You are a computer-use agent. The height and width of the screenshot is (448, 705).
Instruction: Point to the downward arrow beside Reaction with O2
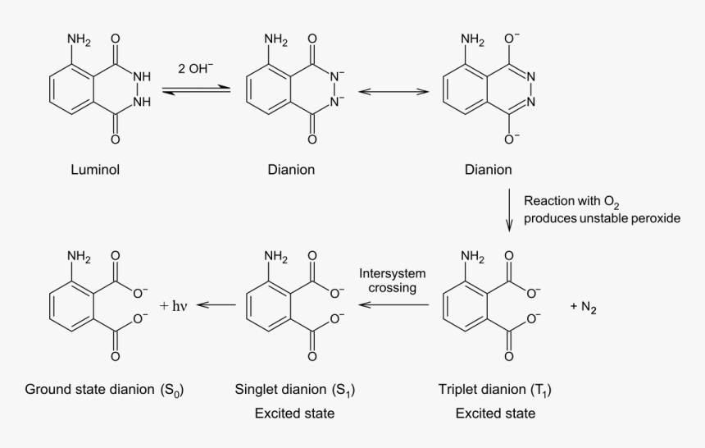[x=509, y=211]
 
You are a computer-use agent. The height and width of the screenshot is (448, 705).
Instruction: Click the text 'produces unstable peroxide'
[x=602, y=218]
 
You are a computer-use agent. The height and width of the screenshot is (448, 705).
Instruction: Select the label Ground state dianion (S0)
[x=104, y=389]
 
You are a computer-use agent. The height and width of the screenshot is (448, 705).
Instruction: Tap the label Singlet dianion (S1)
[x=294, y=389]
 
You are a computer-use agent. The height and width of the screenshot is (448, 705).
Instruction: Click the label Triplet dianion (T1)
[x=495, y=389]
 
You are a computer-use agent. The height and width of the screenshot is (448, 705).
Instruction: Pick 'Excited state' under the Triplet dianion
[x=495, y=414]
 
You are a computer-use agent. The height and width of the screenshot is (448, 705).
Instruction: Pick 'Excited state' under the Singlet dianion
[x=294, y=414]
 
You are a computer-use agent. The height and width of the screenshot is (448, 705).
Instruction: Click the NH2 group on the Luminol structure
[x=79, y=39]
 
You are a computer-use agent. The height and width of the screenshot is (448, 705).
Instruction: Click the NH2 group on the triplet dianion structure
[x=473, y=257]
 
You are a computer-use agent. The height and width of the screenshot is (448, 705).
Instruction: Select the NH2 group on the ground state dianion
[x=79, y=257]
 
